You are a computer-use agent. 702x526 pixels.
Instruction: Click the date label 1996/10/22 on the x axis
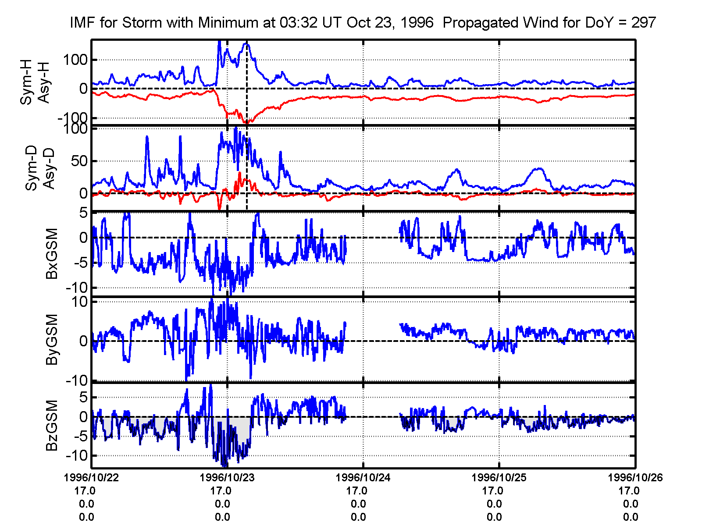(91, 477)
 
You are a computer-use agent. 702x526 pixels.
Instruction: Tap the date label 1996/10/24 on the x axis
(363, 477)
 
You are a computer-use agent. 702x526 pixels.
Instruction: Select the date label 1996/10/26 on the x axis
(635, 477)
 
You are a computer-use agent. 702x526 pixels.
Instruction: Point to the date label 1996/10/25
(499, 477)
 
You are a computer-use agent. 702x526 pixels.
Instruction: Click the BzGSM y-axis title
(52, 425)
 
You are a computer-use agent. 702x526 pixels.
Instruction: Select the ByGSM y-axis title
(52, 339)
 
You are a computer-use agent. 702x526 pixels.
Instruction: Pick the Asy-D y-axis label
(49, 169)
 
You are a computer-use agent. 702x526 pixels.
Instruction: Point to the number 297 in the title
(643, 22)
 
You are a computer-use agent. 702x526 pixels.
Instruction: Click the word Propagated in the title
(478, 22)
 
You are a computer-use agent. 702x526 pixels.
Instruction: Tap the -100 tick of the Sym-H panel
(72, 118)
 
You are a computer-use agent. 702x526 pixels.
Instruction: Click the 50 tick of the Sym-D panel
(79, 161)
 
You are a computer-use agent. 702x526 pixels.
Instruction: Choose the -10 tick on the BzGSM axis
(77, 455)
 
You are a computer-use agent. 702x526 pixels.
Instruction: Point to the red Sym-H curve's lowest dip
(247, 122)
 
